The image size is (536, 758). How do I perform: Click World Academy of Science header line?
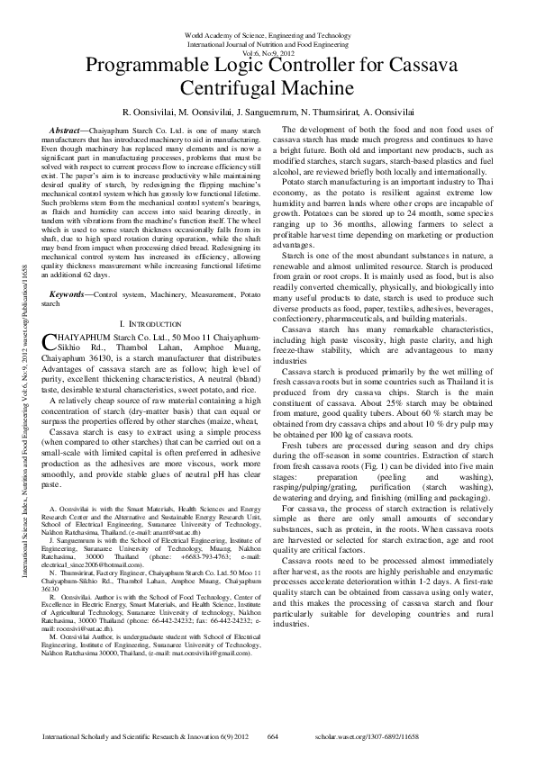pyautogui.click(x=268, y=33)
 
